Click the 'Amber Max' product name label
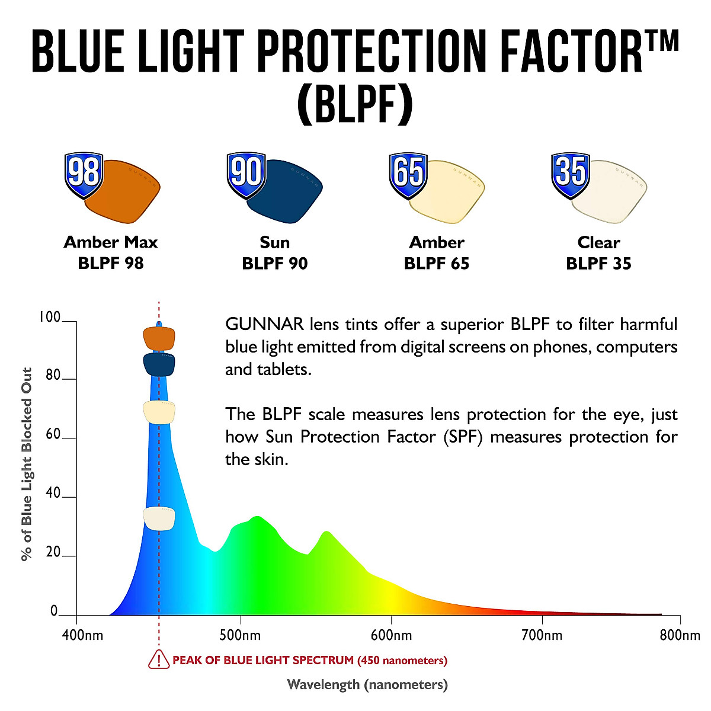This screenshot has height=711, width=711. [111, 242]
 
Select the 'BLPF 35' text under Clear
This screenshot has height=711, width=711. [598, 264]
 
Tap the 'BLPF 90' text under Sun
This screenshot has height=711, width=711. [274, 264]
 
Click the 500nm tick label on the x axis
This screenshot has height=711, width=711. [240, 636]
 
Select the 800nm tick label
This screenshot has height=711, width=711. [680, 636]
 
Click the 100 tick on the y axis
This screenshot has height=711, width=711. [50, 318]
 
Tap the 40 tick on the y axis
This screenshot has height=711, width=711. [53, 494]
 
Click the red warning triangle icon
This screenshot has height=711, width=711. [158, 659]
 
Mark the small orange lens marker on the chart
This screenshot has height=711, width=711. [159, 338]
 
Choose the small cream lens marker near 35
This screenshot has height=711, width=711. [159, 518]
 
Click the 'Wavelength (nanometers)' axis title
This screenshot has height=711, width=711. [367, 685]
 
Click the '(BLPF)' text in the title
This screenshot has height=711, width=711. [354, 104]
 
